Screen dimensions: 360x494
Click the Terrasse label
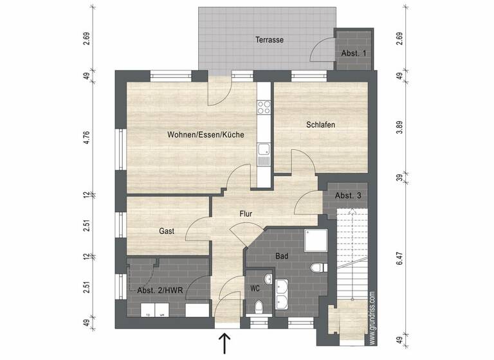point(269,40)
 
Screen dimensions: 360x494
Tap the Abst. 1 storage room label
point(354,53)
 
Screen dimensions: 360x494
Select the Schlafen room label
point(320,125)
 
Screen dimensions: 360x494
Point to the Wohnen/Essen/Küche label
point(197,135)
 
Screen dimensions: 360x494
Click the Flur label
point(246,213)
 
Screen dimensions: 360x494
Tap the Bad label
point(282,256)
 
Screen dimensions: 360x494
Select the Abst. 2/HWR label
point(160,291)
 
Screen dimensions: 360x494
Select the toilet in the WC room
point(258,307)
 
